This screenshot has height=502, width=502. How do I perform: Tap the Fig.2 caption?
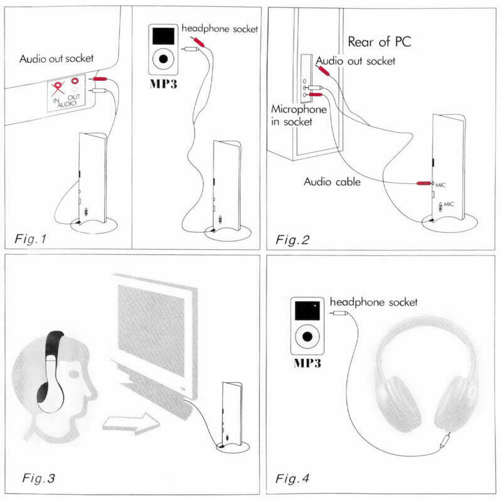point(294,239)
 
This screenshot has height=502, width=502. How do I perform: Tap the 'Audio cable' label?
point(332,182)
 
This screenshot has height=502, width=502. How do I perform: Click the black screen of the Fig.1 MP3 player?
point(164,36)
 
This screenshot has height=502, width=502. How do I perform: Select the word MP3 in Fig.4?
point(307,363)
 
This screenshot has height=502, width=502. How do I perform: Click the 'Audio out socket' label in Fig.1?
point(56,59)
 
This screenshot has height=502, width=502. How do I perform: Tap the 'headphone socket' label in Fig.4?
point(373,302)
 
